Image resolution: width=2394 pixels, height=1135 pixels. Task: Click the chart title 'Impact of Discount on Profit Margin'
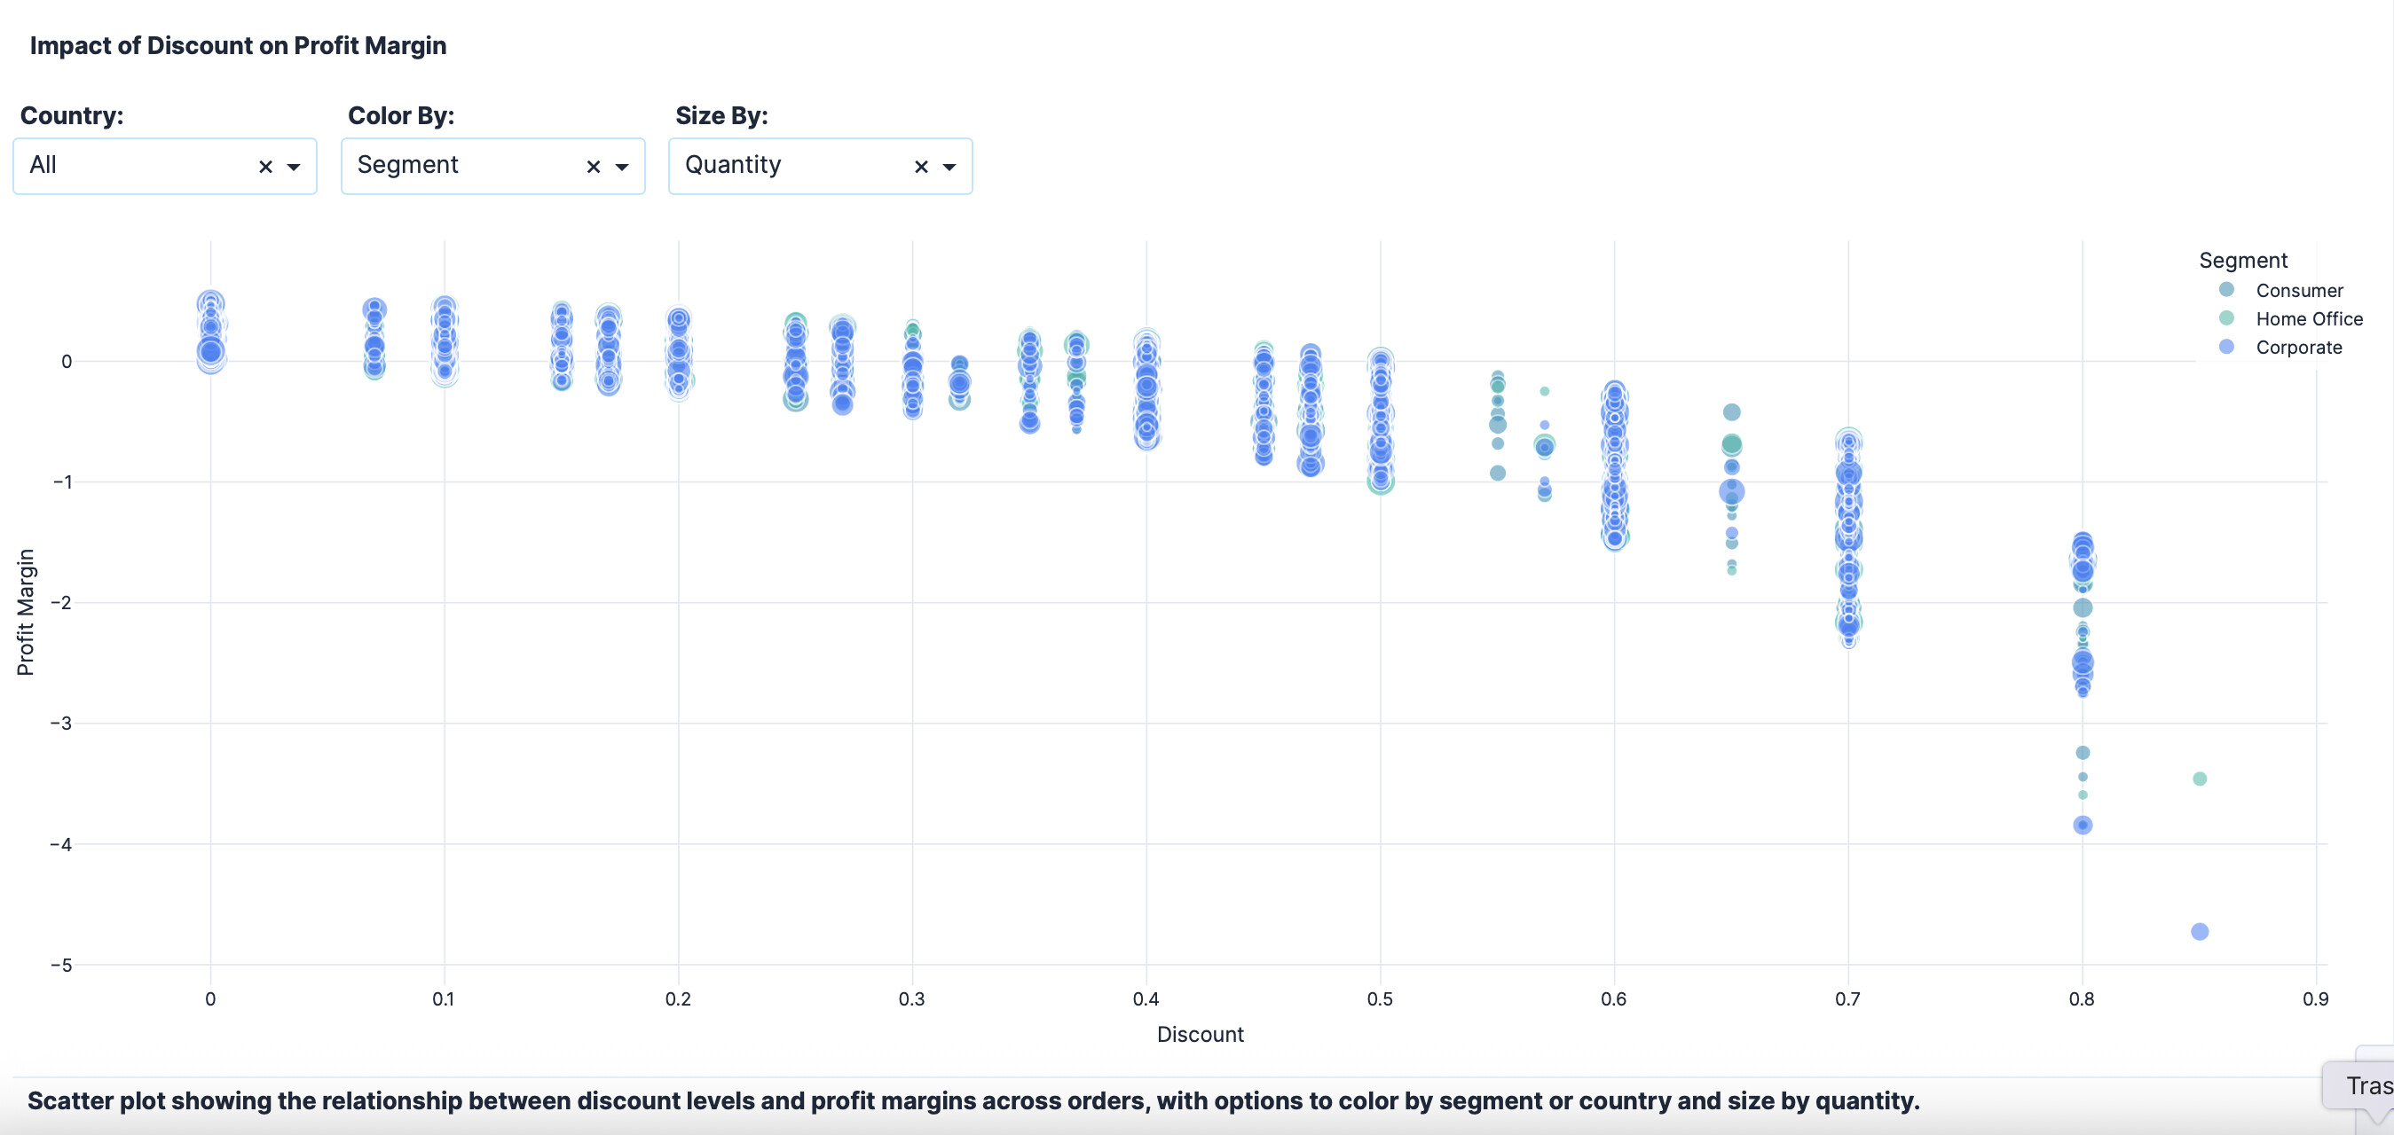pos(238,45)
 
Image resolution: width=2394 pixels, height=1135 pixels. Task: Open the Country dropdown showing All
pos(139,166)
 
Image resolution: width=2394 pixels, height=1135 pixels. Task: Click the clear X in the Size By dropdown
pos(921,168)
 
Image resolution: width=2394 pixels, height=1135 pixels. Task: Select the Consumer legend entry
pos(2298,291)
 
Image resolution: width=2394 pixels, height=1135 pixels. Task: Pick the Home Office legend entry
pos(2309,319)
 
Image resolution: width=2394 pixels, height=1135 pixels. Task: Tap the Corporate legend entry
pos(2298,348)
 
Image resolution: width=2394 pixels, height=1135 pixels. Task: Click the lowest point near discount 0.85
pos(2199,932)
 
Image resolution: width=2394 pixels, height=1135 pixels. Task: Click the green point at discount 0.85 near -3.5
pos(2199,779)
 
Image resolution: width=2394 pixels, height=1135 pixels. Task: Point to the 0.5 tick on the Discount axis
pos(1380,999)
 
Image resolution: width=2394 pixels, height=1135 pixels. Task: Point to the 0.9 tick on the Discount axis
pos(2315,999)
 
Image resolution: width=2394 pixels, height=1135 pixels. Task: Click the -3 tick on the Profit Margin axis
pos(61,724)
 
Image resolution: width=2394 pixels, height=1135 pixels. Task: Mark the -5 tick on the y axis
pos(61,965)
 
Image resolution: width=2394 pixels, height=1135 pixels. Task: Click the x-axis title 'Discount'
pos(1200,1035)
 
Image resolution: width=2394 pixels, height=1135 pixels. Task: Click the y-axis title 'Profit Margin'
pos(25,612)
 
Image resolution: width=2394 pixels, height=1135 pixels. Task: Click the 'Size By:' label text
pos(721,116)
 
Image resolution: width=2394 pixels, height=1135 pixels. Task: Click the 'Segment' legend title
pos(2242,261)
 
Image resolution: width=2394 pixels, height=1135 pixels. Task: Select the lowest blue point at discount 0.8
pos(2083,825)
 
